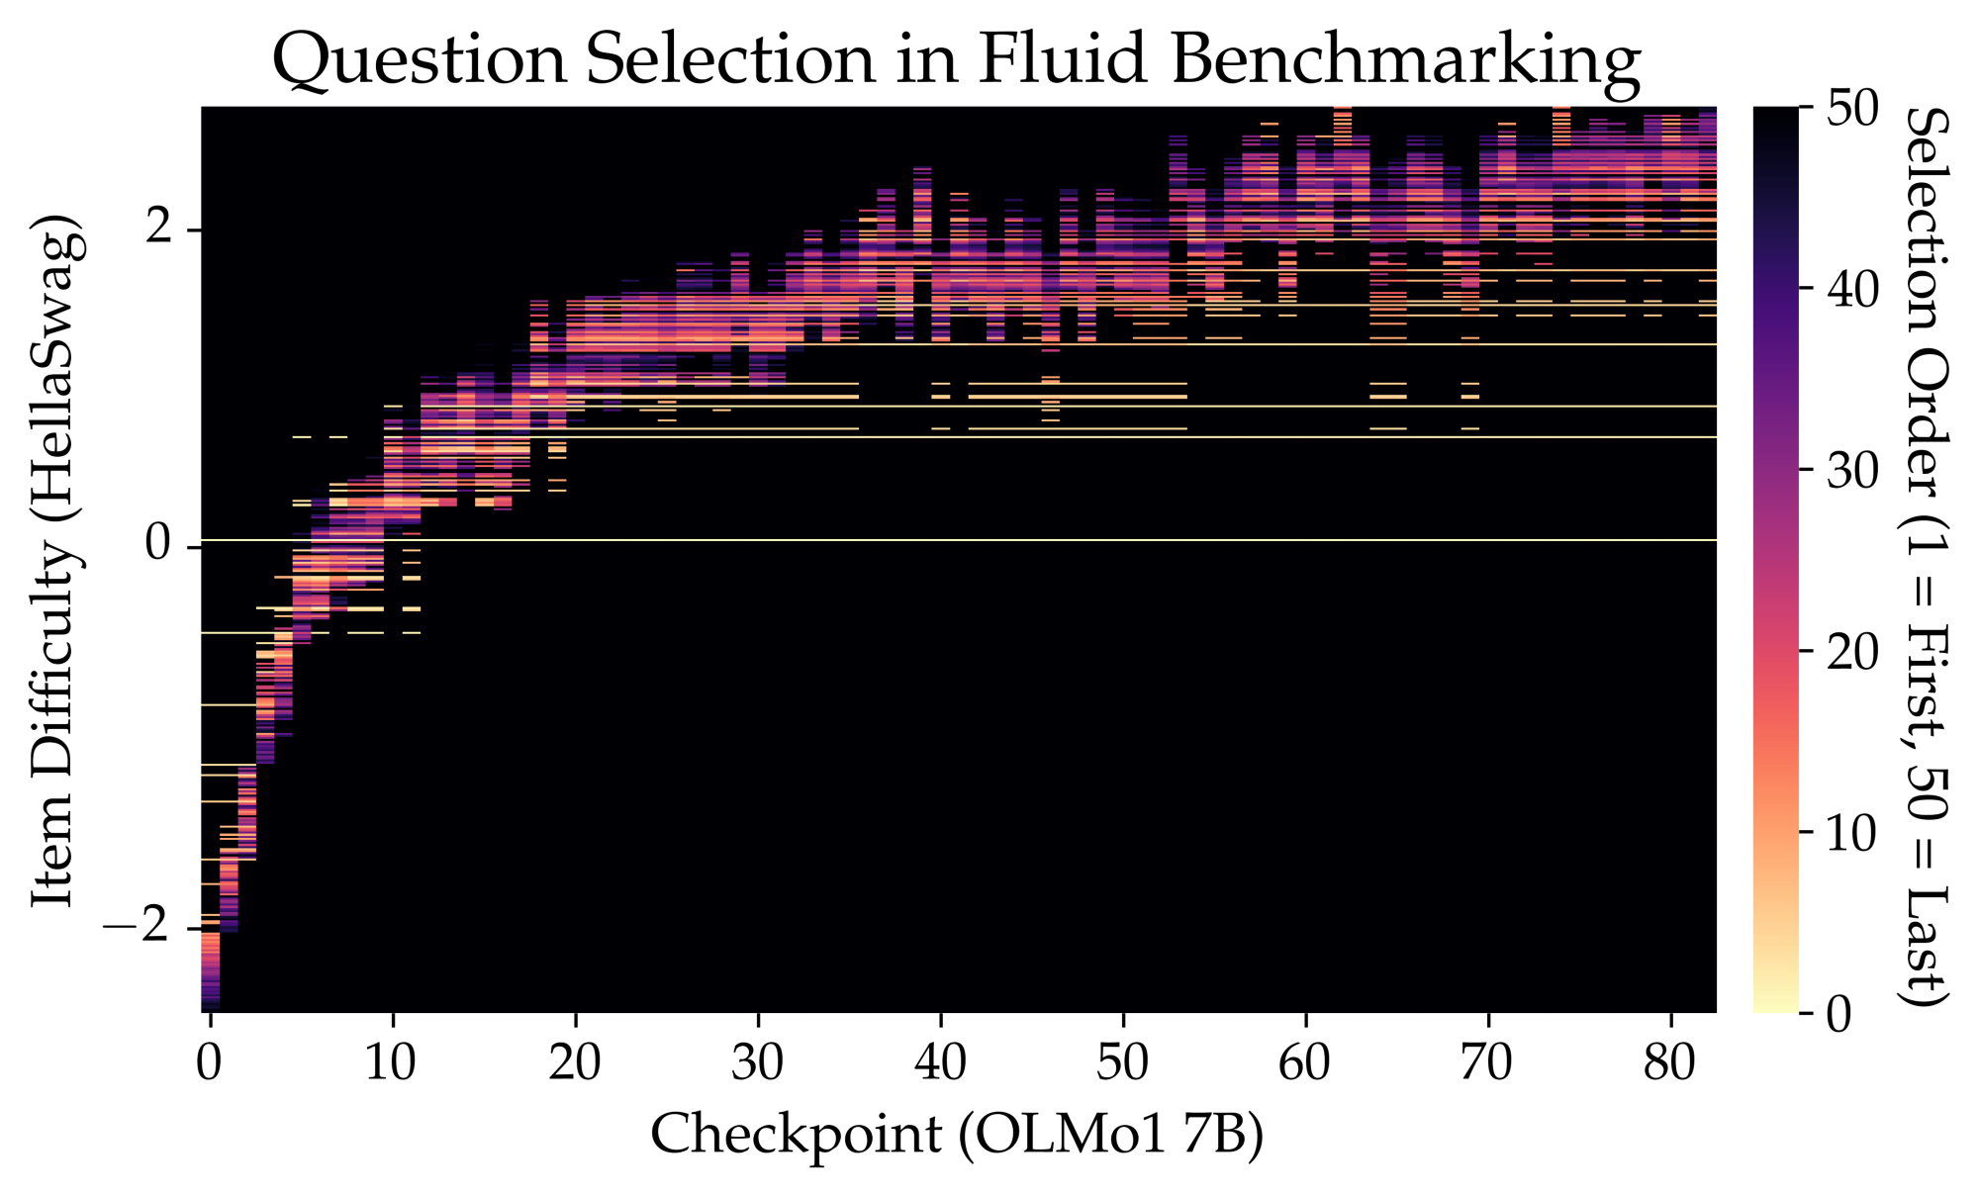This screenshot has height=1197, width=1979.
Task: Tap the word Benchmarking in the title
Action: [x=1405, y=59]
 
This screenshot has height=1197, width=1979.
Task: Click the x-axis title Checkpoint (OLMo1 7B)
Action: [x=957, y=1135]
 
